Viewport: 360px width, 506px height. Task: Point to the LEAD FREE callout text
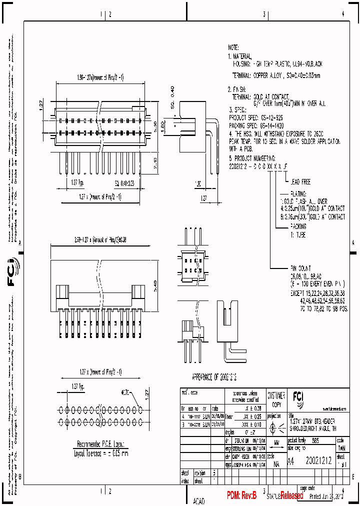[x=299, y=182]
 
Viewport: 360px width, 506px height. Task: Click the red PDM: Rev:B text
[x=241, y=495]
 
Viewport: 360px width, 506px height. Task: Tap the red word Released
[x=291, y=495]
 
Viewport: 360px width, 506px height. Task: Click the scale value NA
[x=276, y=464]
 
